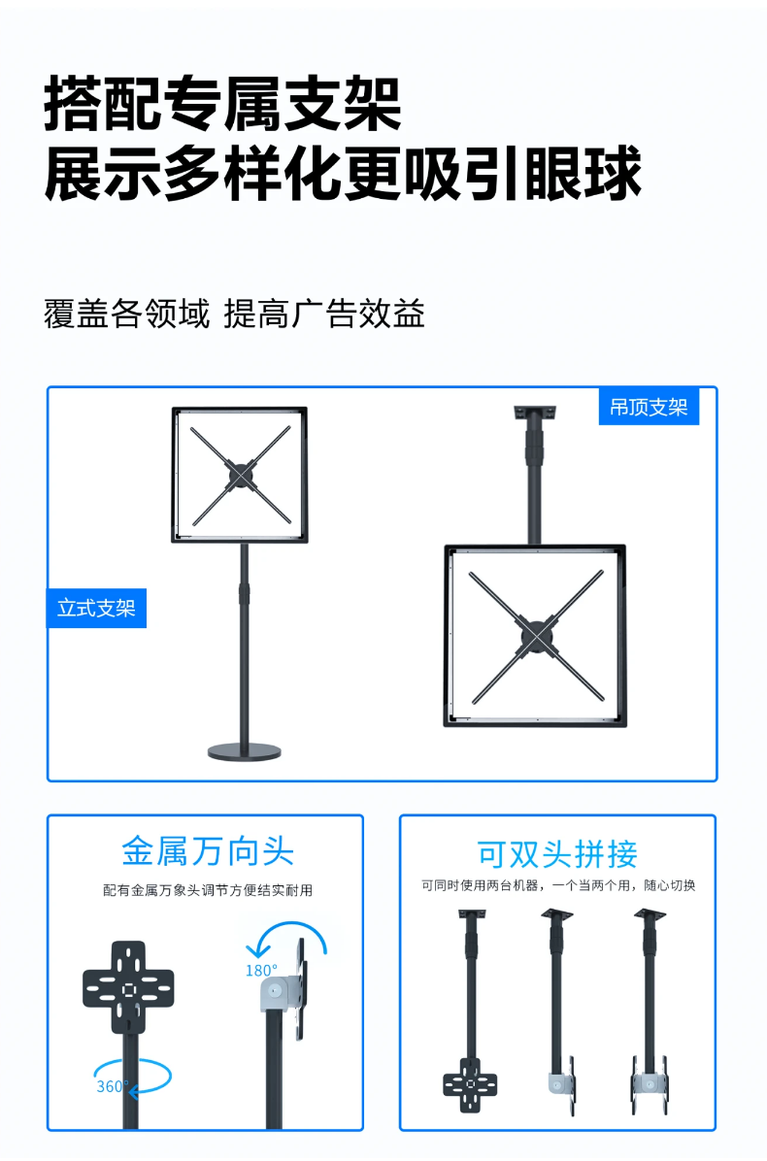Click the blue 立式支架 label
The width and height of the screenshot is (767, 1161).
[96, 609]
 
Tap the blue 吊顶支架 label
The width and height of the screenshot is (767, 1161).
[648, 407]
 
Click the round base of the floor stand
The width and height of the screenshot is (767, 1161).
[244, 750]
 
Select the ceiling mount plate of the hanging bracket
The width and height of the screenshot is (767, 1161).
[535, 412]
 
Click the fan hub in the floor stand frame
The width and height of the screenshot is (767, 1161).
[239, 475]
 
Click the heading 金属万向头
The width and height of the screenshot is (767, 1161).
[207, 850]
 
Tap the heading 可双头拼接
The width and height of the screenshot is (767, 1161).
[557, 853]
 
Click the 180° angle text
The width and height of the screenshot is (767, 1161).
[261, 970]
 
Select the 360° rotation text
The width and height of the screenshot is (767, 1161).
[112, 1086]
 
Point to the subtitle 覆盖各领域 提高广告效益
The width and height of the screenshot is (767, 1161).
[234, 314]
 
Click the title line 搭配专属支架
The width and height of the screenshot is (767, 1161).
[223, 104]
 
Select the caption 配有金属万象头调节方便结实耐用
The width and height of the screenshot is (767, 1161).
[207, 889]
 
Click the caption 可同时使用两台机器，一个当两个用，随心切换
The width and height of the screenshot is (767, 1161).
[557, 885]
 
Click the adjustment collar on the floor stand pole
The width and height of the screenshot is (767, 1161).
[244, 593]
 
